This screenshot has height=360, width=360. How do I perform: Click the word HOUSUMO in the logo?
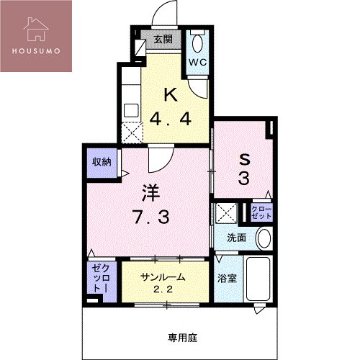coord(36,52)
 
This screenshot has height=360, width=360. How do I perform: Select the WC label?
coord(197,62)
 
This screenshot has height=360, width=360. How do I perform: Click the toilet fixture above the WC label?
coord(197,42)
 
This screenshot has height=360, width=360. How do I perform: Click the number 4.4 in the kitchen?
coord(170,118)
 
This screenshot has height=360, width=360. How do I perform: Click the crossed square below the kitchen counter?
coord(132,134)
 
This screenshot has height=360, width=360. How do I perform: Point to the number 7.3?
coord(151,217)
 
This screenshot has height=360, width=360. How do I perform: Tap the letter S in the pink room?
coord(244,159)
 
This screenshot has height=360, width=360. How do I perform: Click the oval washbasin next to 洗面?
coord(264,237)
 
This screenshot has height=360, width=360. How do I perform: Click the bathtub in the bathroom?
coord(258,279)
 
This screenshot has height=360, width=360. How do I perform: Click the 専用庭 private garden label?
coord(182,336)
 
